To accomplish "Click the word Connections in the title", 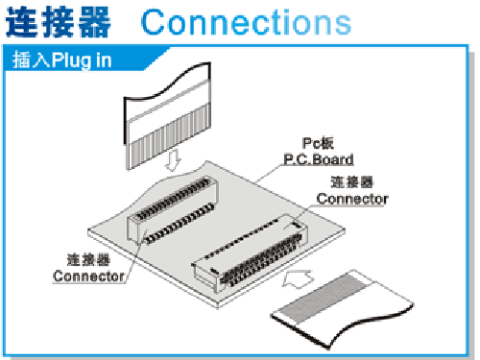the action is tap(246, 22).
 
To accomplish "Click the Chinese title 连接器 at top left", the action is tap(59, 22).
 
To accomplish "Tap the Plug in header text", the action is tap(82, 60).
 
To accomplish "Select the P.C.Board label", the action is tap(319, 159).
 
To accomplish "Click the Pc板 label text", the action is tap(318, 143).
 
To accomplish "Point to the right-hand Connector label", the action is tap(352, 199).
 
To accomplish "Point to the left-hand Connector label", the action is tap(88, 276).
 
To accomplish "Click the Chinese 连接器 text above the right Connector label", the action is tap(352, 182).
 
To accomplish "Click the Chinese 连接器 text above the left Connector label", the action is tap(88, 259).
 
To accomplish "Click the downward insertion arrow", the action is tap(173, 160).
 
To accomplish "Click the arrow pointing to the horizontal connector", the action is tap(298, 279).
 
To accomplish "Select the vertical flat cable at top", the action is tap(167, 115).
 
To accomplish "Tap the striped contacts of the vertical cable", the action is tap(169, 136).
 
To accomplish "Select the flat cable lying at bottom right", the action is tap(342, 309).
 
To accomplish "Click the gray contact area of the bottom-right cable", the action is tap(324, 298).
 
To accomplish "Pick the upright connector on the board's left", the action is tap(172, 209).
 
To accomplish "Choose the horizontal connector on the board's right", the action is tap(250, 252).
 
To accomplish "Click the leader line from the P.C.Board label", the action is tap(270, 174).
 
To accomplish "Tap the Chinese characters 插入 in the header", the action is tap(31, 60).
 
